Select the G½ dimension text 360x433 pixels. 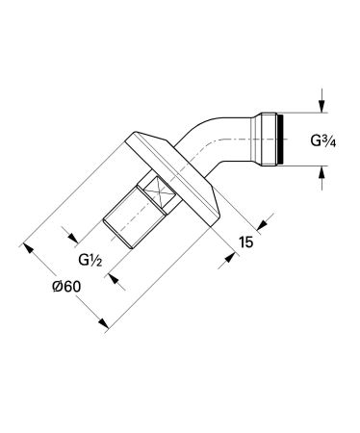pyautogui.click(x=91, y=261)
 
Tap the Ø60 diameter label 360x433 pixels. pyautogui.click(x=65, y=286)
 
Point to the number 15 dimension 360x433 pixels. pyautogui.click(x=245, y=244)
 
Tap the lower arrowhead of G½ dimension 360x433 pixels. pyautogui.click(x=116, y=279)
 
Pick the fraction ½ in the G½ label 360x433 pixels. pyautogui.click(x=99, y=261)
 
